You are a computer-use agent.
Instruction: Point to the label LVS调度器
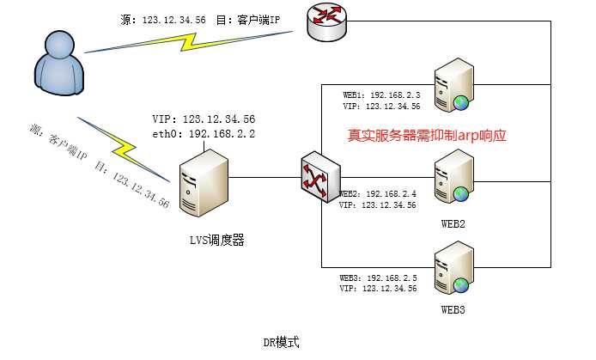click(217, 241)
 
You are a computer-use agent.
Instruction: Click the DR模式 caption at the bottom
click(281, 342)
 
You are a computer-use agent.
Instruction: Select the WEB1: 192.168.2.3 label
click(381, 95)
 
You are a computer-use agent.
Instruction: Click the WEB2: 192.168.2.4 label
click(378, 194)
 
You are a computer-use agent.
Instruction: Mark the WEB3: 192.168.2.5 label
click(378, 278)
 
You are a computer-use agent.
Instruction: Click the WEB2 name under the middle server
click(453, 223)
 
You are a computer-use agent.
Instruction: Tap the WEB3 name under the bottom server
click(453, 308)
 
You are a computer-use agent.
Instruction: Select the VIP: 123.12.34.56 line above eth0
click(203, 119)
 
